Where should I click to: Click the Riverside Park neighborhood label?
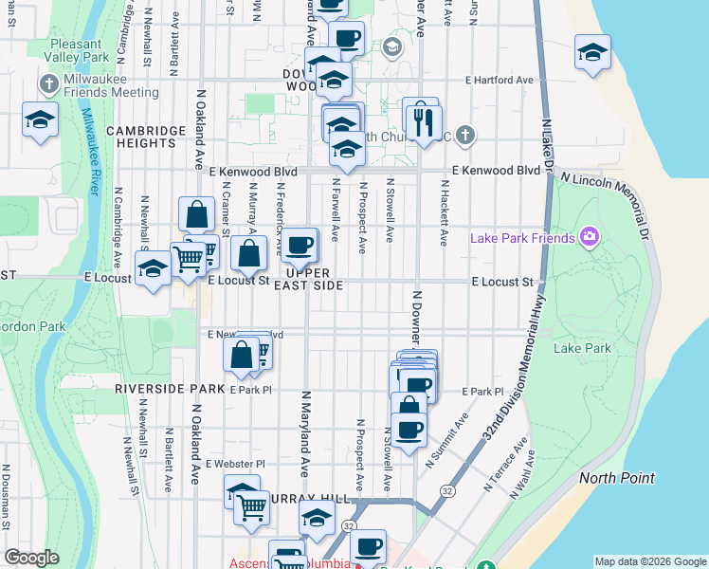167,389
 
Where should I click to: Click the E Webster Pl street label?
235,464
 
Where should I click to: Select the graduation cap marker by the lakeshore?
592,53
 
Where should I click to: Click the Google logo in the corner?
31,558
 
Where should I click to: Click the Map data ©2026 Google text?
649,561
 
